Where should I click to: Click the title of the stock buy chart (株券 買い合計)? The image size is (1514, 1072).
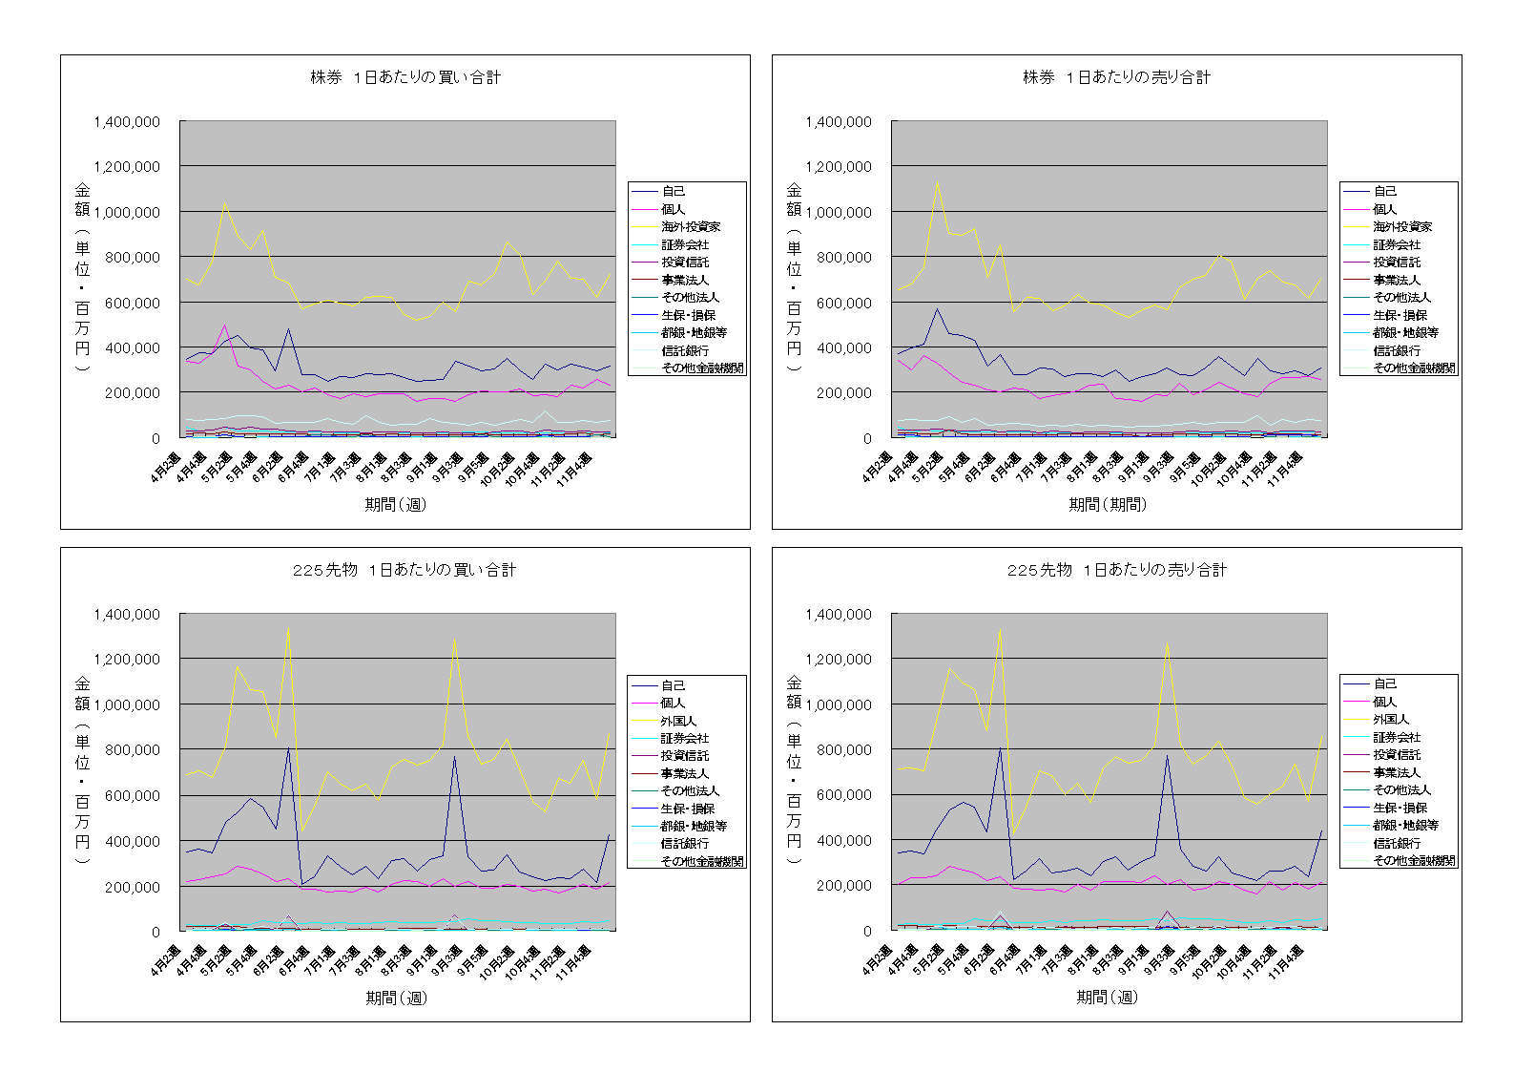pyautogui.click(x=405, y=77)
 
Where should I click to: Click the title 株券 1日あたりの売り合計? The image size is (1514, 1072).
pyautogui.click(x=1116, y=77)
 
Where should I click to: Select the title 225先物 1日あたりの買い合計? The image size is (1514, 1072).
pyautogui.click(x=404, y=570)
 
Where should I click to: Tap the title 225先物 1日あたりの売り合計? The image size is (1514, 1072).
pyautogui.click(x=1116, y=570)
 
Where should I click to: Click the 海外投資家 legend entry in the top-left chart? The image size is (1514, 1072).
pyautogui.click(x=691, y=227)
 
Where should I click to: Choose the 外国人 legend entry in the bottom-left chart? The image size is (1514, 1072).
pyautogui.click(x=678, y=721)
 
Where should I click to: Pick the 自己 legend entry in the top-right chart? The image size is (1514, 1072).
pyautogui.click(x=1385, y=192)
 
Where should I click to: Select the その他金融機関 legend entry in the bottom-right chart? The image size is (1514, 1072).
pyautogui.click(x=1414, y=860)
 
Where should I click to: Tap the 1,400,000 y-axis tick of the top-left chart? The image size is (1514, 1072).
pyautogui.click(x=127, y=122)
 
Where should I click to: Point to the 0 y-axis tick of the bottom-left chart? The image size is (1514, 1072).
pyautogui.click(x=156, y=932)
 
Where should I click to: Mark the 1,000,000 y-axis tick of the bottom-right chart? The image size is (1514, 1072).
pyautogui.click(x=839, y=704)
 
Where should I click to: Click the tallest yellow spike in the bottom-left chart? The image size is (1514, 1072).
pyautogui.click(x=288, y=627)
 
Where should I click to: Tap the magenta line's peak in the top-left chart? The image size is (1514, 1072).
pyautogui.click(x=224, y=326)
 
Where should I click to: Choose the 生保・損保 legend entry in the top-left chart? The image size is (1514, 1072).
pyautogui.click(x=688, y=315)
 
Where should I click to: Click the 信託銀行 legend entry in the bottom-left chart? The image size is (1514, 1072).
pyautogui.click(x=685, y=844)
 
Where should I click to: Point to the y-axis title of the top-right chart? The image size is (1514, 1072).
pyautogui.click(x=794, y=277)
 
